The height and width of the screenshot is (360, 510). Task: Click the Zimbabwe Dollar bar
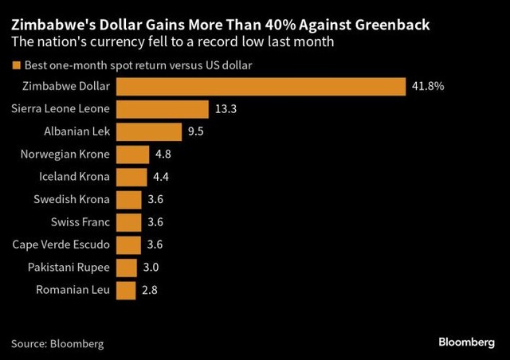(x=261, y=86)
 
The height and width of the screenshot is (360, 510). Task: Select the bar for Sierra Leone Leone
(x=163, y=109)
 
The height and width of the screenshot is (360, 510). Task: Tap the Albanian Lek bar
(x=149, y=131)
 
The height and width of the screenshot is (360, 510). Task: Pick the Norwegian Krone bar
(x=133, y=155)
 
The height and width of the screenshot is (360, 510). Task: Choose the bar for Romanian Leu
(x=126, y=290)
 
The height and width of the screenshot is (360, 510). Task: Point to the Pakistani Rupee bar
(x=127, y=268)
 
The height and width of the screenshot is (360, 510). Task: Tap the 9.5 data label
(x=196, y=131)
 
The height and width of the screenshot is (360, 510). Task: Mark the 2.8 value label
(x=149, y=290)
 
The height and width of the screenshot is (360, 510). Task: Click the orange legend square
(x=15, y=65)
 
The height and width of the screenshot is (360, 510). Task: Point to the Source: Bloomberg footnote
(x=57, y=343)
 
